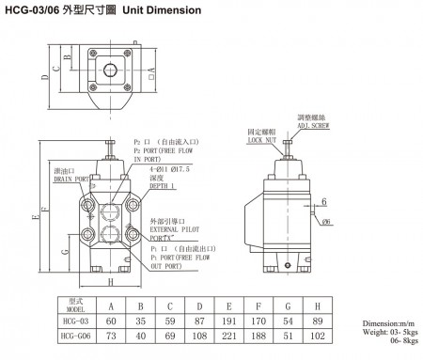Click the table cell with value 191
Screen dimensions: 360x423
pos(229,321)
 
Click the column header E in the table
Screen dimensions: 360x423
pos(229,304)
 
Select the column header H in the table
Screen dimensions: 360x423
pos(319,304)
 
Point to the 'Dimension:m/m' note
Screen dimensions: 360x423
pos(389,322)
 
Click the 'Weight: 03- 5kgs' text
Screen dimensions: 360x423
pos(388,332)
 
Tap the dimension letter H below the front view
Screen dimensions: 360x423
pos(110,282)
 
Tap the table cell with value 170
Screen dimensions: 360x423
pos(259,321)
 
